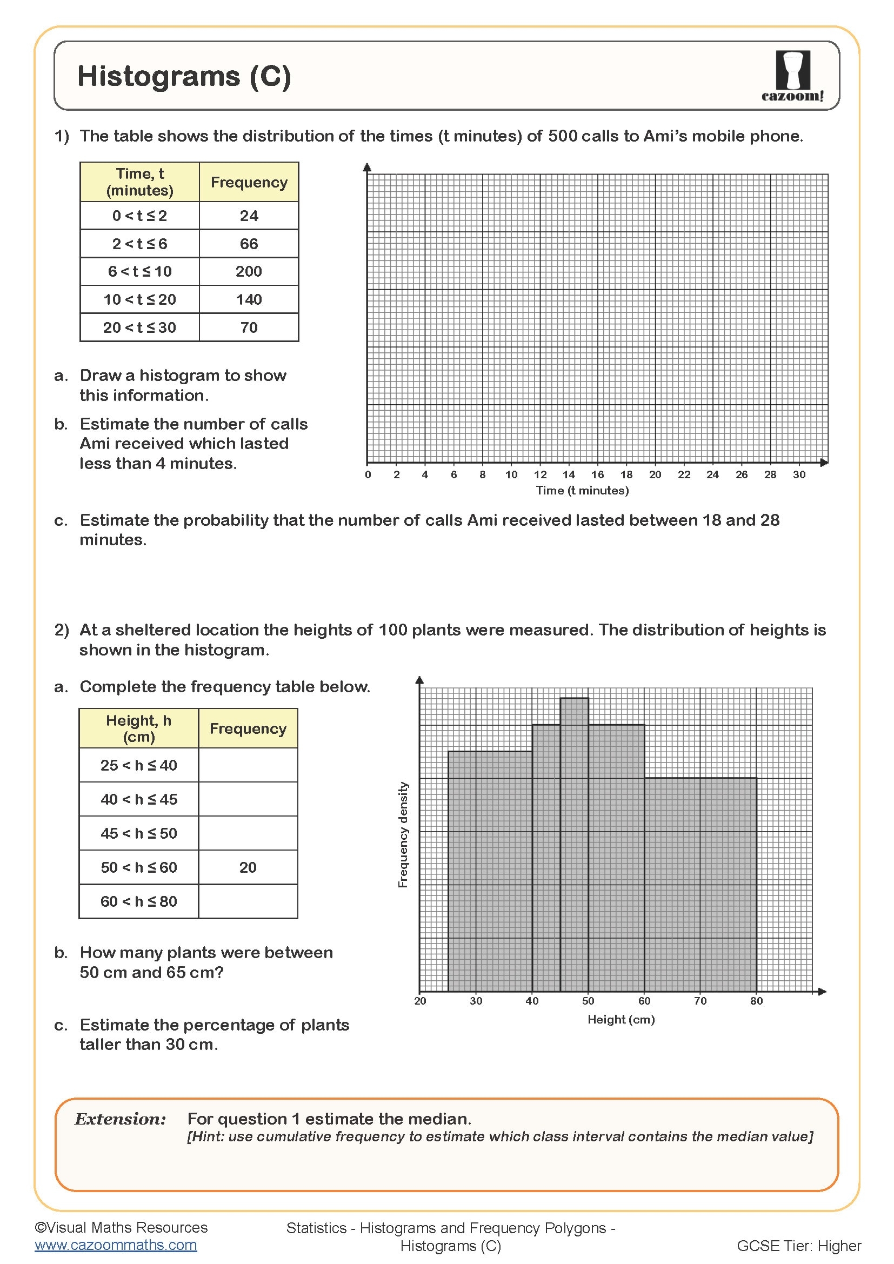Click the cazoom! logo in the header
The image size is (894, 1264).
792,76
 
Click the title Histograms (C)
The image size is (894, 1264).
184,76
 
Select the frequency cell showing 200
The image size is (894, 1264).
248,271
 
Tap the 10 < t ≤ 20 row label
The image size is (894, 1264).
139,299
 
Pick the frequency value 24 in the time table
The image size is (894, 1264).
248,215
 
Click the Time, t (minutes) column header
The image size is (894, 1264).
139,182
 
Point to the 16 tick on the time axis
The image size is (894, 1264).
597,474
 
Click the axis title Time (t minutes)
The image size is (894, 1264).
582,491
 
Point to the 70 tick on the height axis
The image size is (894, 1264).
699,1001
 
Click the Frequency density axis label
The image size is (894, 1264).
403,834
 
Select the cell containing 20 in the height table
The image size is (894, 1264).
248,868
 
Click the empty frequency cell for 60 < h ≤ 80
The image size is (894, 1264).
248,902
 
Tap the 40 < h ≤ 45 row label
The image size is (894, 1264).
139,799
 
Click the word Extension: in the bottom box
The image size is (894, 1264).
120,1119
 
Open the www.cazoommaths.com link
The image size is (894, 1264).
116,1245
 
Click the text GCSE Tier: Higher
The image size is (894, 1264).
798,1246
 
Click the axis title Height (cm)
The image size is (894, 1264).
621,1020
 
